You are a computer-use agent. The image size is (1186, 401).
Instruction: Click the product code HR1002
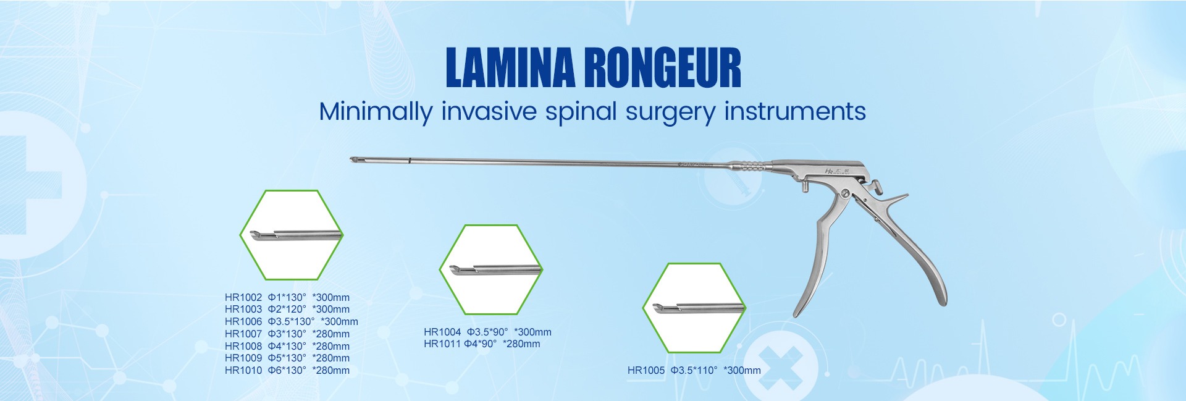click(x=243, y=297)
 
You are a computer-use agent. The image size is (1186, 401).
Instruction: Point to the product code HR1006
click(x=243, y=321)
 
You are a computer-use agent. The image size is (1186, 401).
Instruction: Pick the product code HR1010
click(x=243, y=370)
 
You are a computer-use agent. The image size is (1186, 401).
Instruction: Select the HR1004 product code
click(x=442, y=332)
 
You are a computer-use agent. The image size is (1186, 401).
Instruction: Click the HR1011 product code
click(x=442, y=344)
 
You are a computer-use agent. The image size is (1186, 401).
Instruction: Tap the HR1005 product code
click(x=646, y=370)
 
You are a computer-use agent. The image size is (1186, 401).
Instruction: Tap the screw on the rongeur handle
click(x=844, y=195)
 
